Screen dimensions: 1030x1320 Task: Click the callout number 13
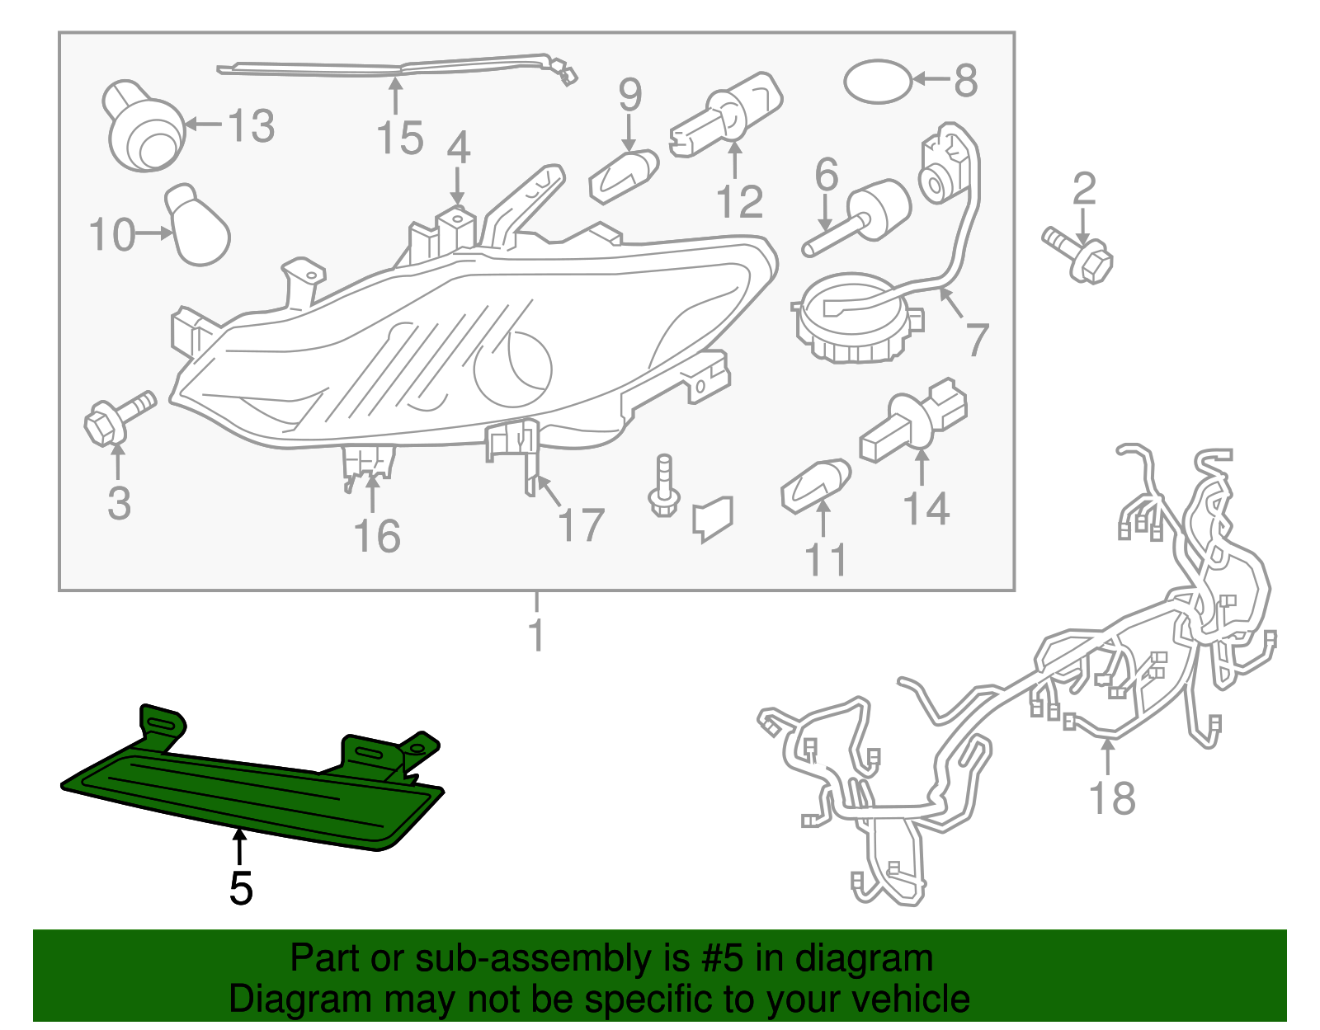[251, 126]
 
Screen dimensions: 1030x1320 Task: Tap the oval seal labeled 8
[878, 81]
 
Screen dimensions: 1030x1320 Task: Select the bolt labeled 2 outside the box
[1079, 255]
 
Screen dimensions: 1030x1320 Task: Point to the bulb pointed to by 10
[198, 228]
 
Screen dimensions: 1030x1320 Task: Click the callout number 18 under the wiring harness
[1112, 797]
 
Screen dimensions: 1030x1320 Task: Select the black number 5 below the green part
[240, 888]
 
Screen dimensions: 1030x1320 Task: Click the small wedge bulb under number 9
[625, 174]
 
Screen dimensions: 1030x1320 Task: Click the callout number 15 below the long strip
[400, 138]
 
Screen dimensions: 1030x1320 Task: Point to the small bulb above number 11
[815, 485]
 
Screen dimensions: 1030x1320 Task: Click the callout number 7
[977, 340]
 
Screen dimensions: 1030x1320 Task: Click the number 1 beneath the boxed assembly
[536, 635]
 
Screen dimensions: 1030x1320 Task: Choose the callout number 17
[582, 525]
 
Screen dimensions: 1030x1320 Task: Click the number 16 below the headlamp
[377, 536]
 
